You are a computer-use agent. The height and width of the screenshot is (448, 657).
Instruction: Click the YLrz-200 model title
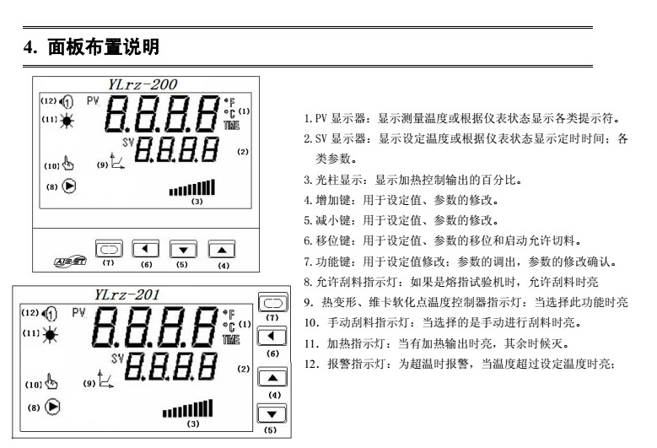[x=143, y=84]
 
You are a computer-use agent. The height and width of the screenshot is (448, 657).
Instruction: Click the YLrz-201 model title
[x=127, y=294]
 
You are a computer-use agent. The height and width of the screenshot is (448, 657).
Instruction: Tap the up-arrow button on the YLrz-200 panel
[x=222, y=251]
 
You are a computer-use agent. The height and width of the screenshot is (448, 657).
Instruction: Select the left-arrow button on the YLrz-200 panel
[x=145, y=250]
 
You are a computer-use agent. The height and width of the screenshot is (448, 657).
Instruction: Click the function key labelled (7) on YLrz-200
[x=109, y=250]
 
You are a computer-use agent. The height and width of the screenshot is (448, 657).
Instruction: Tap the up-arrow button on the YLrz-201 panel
[x=272, y=378]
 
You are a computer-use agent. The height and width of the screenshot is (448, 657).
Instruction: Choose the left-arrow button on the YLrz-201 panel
[x=272, y=337]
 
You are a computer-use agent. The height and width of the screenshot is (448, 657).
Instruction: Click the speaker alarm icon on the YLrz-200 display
[x=66, y=101]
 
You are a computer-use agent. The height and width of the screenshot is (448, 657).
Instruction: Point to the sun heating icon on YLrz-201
[x=50, y=334]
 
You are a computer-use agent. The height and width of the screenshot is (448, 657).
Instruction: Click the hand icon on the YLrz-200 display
[x=67, y=163]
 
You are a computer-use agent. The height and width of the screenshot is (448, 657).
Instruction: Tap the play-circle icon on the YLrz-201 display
[x=52, y=407]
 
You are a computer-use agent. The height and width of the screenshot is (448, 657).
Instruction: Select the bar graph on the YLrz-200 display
[x=192, y=187]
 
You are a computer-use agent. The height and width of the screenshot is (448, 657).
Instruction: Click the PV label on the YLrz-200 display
[x=93, y=101]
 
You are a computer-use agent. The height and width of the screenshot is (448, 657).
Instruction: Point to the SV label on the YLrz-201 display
[x=118, y=359]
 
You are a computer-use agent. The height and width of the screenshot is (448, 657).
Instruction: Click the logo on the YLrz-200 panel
[x=70, y=261]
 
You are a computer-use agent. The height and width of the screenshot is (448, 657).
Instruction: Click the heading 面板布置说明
[x=104, y=47]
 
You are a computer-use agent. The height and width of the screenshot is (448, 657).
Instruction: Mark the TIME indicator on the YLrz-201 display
[x=231, y=339]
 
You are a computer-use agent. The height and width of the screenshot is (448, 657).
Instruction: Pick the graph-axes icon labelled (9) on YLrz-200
[x=117, y=161]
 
